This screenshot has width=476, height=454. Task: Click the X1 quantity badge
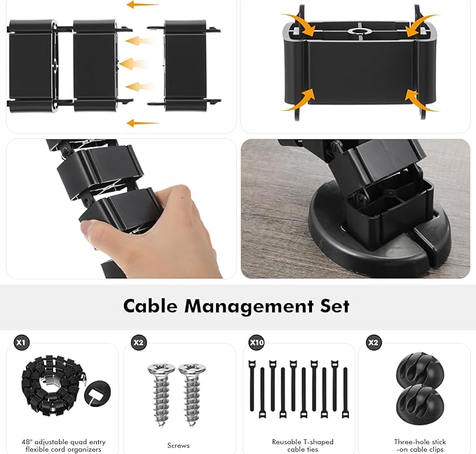click(x=20, y=342)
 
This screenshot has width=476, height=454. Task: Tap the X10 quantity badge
click(x=257, y=342)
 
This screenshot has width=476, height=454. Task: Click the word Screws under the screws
click(x=178, y=446)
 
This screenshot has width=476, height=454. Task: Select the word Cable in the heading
click(x=150, y=306)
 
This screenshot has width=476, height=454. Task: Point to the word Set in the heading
click(x=335, y=306)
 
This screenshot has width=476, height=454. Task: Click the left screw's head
click(x=161, y=368)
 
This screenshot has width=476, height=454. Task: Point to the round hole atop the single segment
click(x=360, y=32)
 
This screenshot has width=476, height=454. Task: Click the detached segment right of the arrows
click(x=184, y=65)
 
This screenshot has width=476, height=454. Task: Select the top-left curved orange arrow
click(x=301, y=24)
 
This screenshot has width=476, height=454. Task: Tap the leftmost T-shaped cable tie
click(x=252, y=385)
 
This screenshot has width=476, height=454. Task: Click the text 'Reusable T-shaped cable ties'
click(x=303, y=446)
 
